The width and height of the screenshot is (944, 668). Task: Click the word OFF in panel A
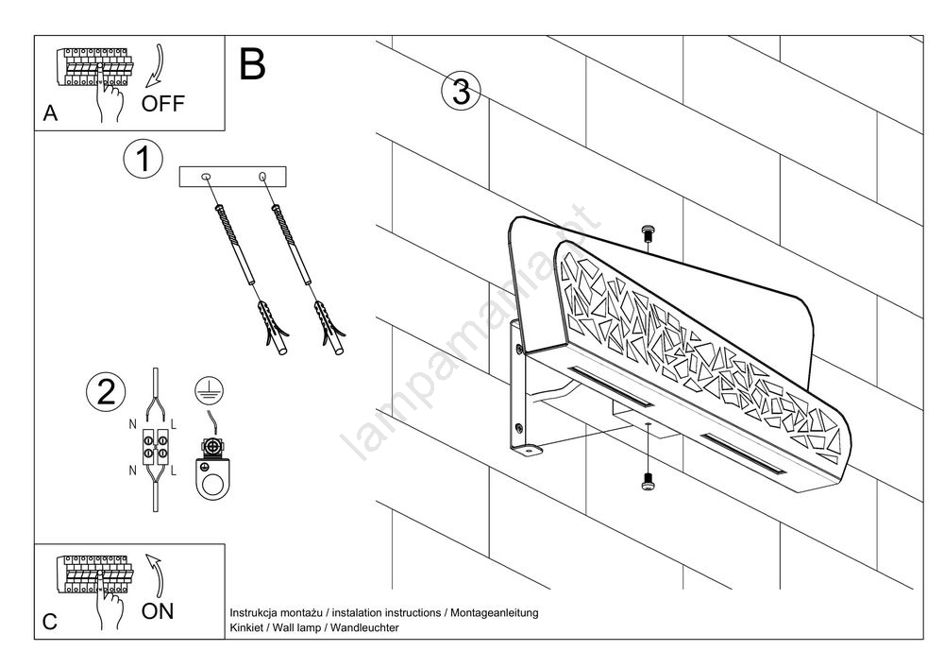[x=163, y=103]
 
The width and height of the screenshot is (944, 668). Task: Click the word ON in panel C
[x=158, y=610]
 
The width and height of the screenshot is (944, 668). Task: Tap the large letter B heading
[x=252, y=63]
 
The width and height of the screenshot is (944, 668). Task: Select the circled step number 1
[x=143, y=160]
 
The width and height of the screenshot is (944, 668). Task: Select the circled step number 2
[x=106, y=393]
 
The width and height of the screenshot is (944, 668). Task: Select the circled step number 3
[x=461, y=92]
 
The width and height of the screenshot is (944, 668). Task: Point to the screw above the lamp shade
[x=647, y=233]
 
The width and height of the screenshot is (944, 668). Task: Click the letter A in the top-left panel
[x=51, y=114]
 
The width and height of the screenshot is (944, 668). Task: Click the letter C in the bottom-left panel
[x=51, y=622]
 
